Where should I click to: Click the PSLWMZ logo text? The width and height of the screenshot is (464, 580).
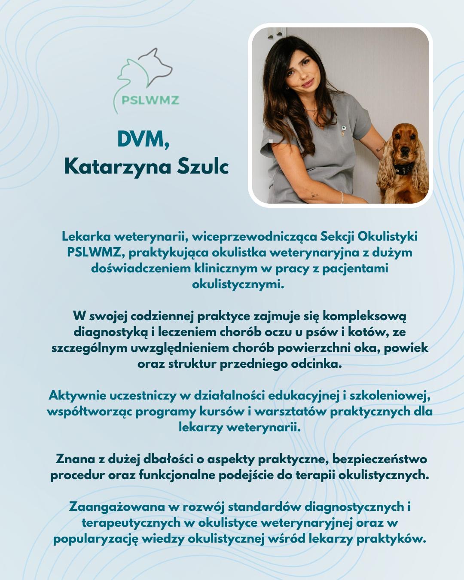[150, 100]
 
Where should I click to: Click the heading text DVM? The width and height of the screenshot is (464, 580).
[143, 140]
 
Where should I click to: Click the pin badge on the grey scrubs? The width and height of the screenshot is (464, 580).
[343, 128]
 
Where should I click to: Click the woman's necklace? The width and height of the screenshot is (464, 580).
[310, 109]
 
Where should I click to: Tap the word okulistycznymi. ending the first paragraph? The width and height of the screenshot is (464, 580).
[238, 284]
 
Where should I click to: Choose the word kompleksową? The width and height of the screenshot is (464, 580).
[364, 316]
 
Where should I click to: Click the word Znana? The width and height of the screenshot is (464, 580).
[75, 459]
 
